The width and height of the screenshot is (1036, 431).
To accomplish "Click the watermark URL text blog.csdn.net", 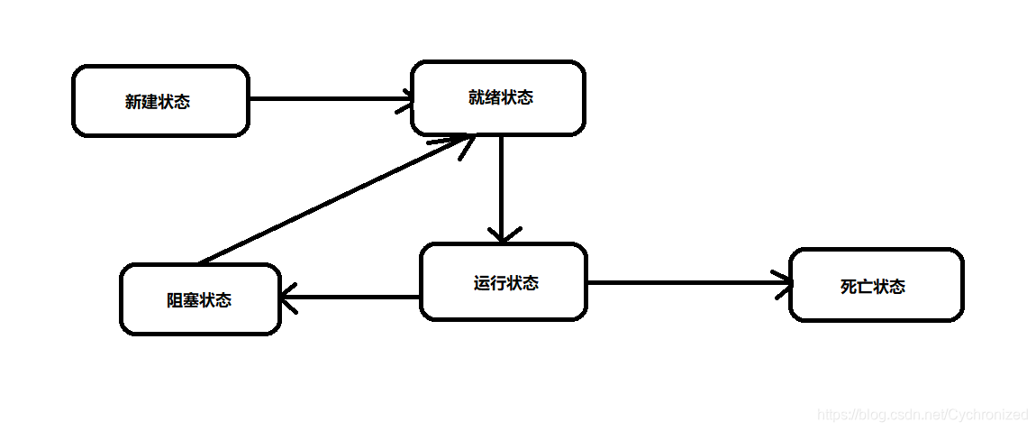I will point(922,415).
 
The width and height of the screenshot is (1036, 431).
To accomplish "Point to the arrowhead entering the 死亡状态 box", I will point(784,283).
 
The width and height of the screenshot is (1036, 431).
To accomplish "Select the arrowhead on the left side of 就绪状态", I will point(404,99).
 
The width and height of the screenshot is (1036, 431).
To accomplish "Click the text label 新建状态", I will point(158,102).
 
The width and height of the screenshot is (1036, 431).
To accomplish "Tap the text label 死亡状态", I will point(872,287).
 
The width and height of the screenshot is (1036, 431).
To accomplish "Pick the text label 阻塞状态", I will point(199,300).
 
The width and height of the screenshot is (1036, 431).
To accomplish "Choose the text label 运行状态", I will point(505,283).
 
